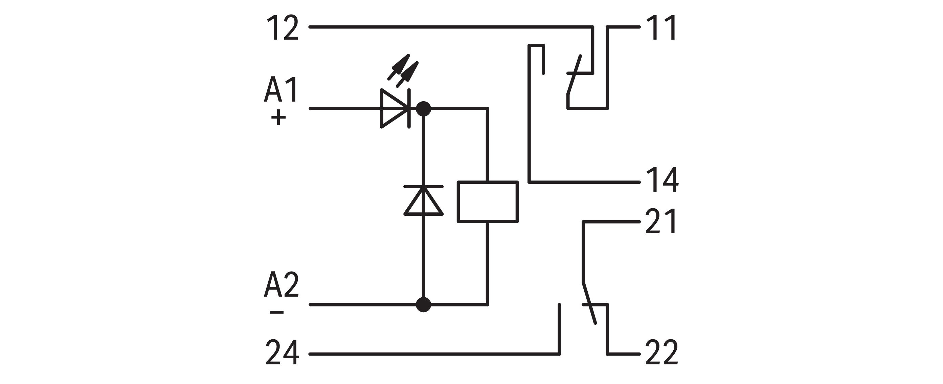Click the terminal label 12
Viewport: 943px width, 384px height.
282,28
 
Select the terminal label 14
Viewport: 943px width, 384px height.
662,180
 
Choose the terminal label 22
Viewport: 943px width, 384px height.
661,353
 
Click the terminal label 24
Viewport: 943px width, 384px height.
282,353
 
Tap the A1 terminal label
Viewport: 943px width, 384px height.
281,89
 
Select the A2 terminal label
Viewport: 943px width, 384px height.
281,285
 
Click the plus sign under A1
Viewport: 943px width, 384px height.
278,118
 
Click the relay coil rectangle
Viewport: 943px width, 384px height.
488,202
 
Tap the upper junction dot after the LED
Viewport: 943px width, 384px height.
424,108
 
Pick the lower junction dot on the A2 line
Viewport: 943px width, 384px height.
424,304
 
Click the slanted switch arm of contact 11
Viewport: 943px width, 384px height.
574,75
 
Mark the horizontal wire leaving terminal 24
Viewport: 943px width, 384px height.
432,354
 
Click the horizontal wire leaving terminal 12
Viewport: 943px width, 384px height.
450,27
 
